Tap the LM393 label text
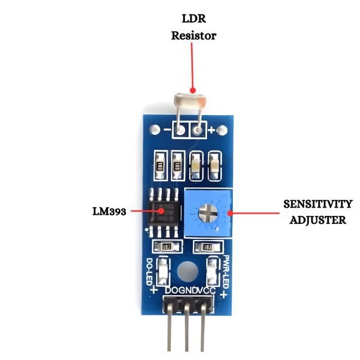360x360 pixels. (x=109, y=211)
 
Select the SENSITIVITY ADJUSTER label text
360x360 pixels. (x=318, y=212)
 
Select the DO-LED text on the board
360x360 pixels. (x=149, y=272)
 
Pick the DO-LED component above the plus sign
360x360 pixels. (x=162, y=271)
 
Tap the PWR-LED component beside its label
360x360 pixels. (x=212, y=271)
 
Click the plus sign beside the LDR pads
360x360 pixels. (x=211, y=129)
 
